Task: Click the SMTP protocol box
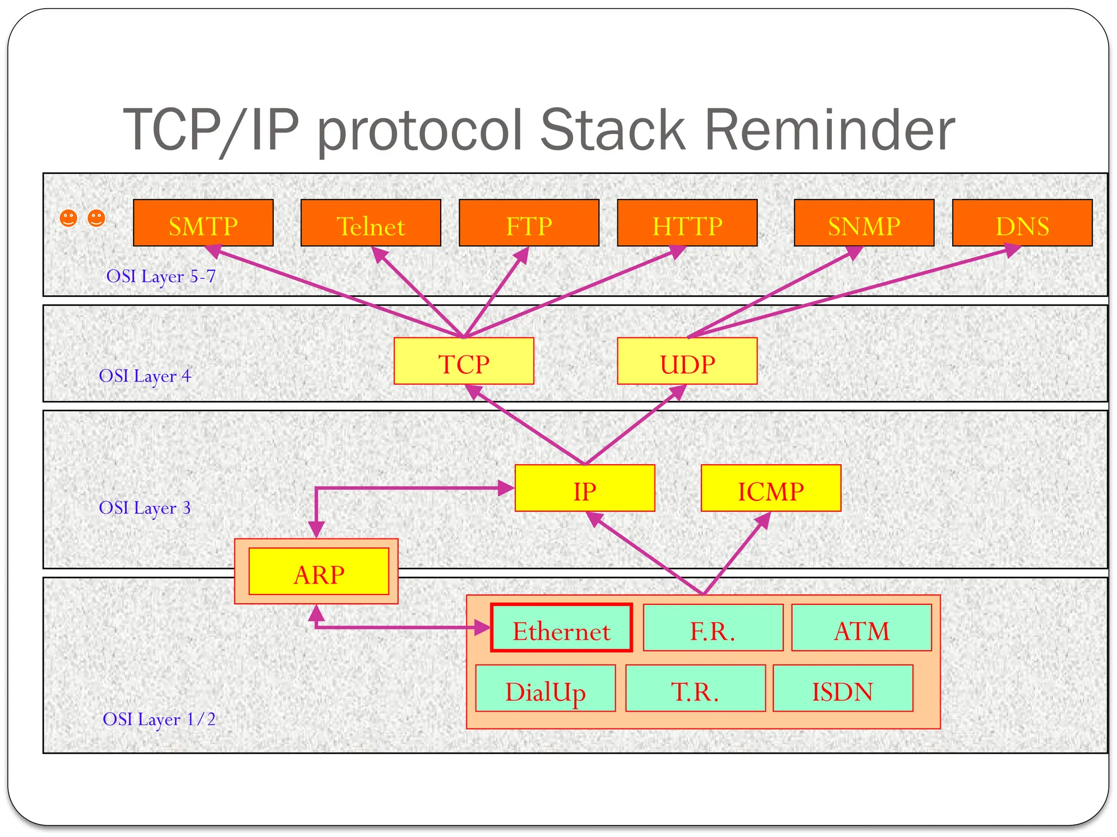tap(203, 223)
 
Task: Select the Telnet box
tap(370, 223)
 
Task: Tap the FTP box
tap(529, 223)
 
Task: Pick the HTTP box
tap(687, 223)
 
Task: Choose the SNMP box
tap(863, 223)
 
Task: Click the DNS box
tap(1022, 223)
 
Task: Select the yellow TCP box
tap(464, 361)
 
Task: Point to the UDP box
tap(687, 361)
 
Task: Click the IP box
tap(584, 488)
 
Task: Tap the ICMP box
tap(770, 488)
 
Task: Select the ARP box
tap(319, 572)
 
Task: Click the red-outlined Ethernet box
tap(561, 628)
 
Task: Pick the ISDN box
tap(842, 688)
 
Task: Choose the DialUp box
tap(545, 688)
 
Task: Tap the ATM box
tap(861, 628)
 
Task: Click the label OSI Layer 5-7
tap(161, 277)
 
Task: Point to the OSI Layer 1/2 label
tap(159, 719)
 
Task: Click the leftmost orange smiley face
tap(68, 219)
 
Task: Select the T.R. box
tap(695, 688)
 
